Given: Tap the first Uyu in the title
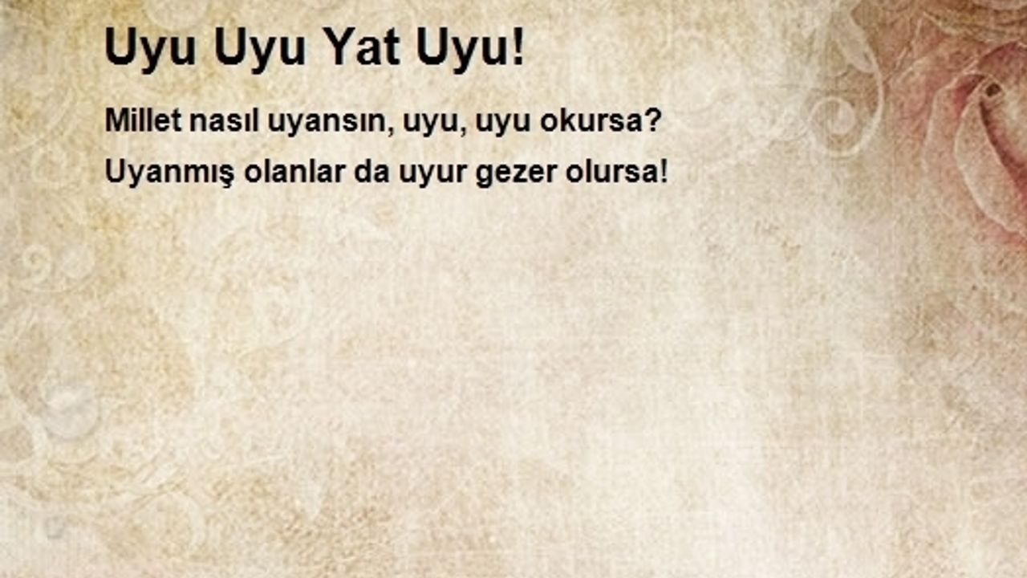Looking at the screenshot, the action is pos(151,51).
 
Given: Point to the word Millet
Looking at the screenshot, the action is pos(144,120).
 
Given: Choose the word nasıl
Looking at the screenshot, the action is pos(224,120).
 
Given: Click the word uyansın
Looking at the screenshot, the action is pos(327,123).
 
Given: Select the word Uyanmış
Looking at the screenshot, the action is pos(169,173).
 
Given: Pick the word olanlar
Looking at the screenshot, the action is pos(294,172).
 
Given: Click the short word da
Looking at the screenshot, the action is pos(371,172).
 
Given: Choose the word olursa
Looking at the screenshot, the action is pos(611,172).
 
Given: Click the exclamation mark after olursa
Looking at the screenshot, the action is pos(663,172).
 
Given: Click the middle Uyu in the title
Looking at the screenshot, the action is pos(260,51).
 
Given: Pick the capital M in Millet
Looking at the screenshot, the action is pos(116,120).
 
